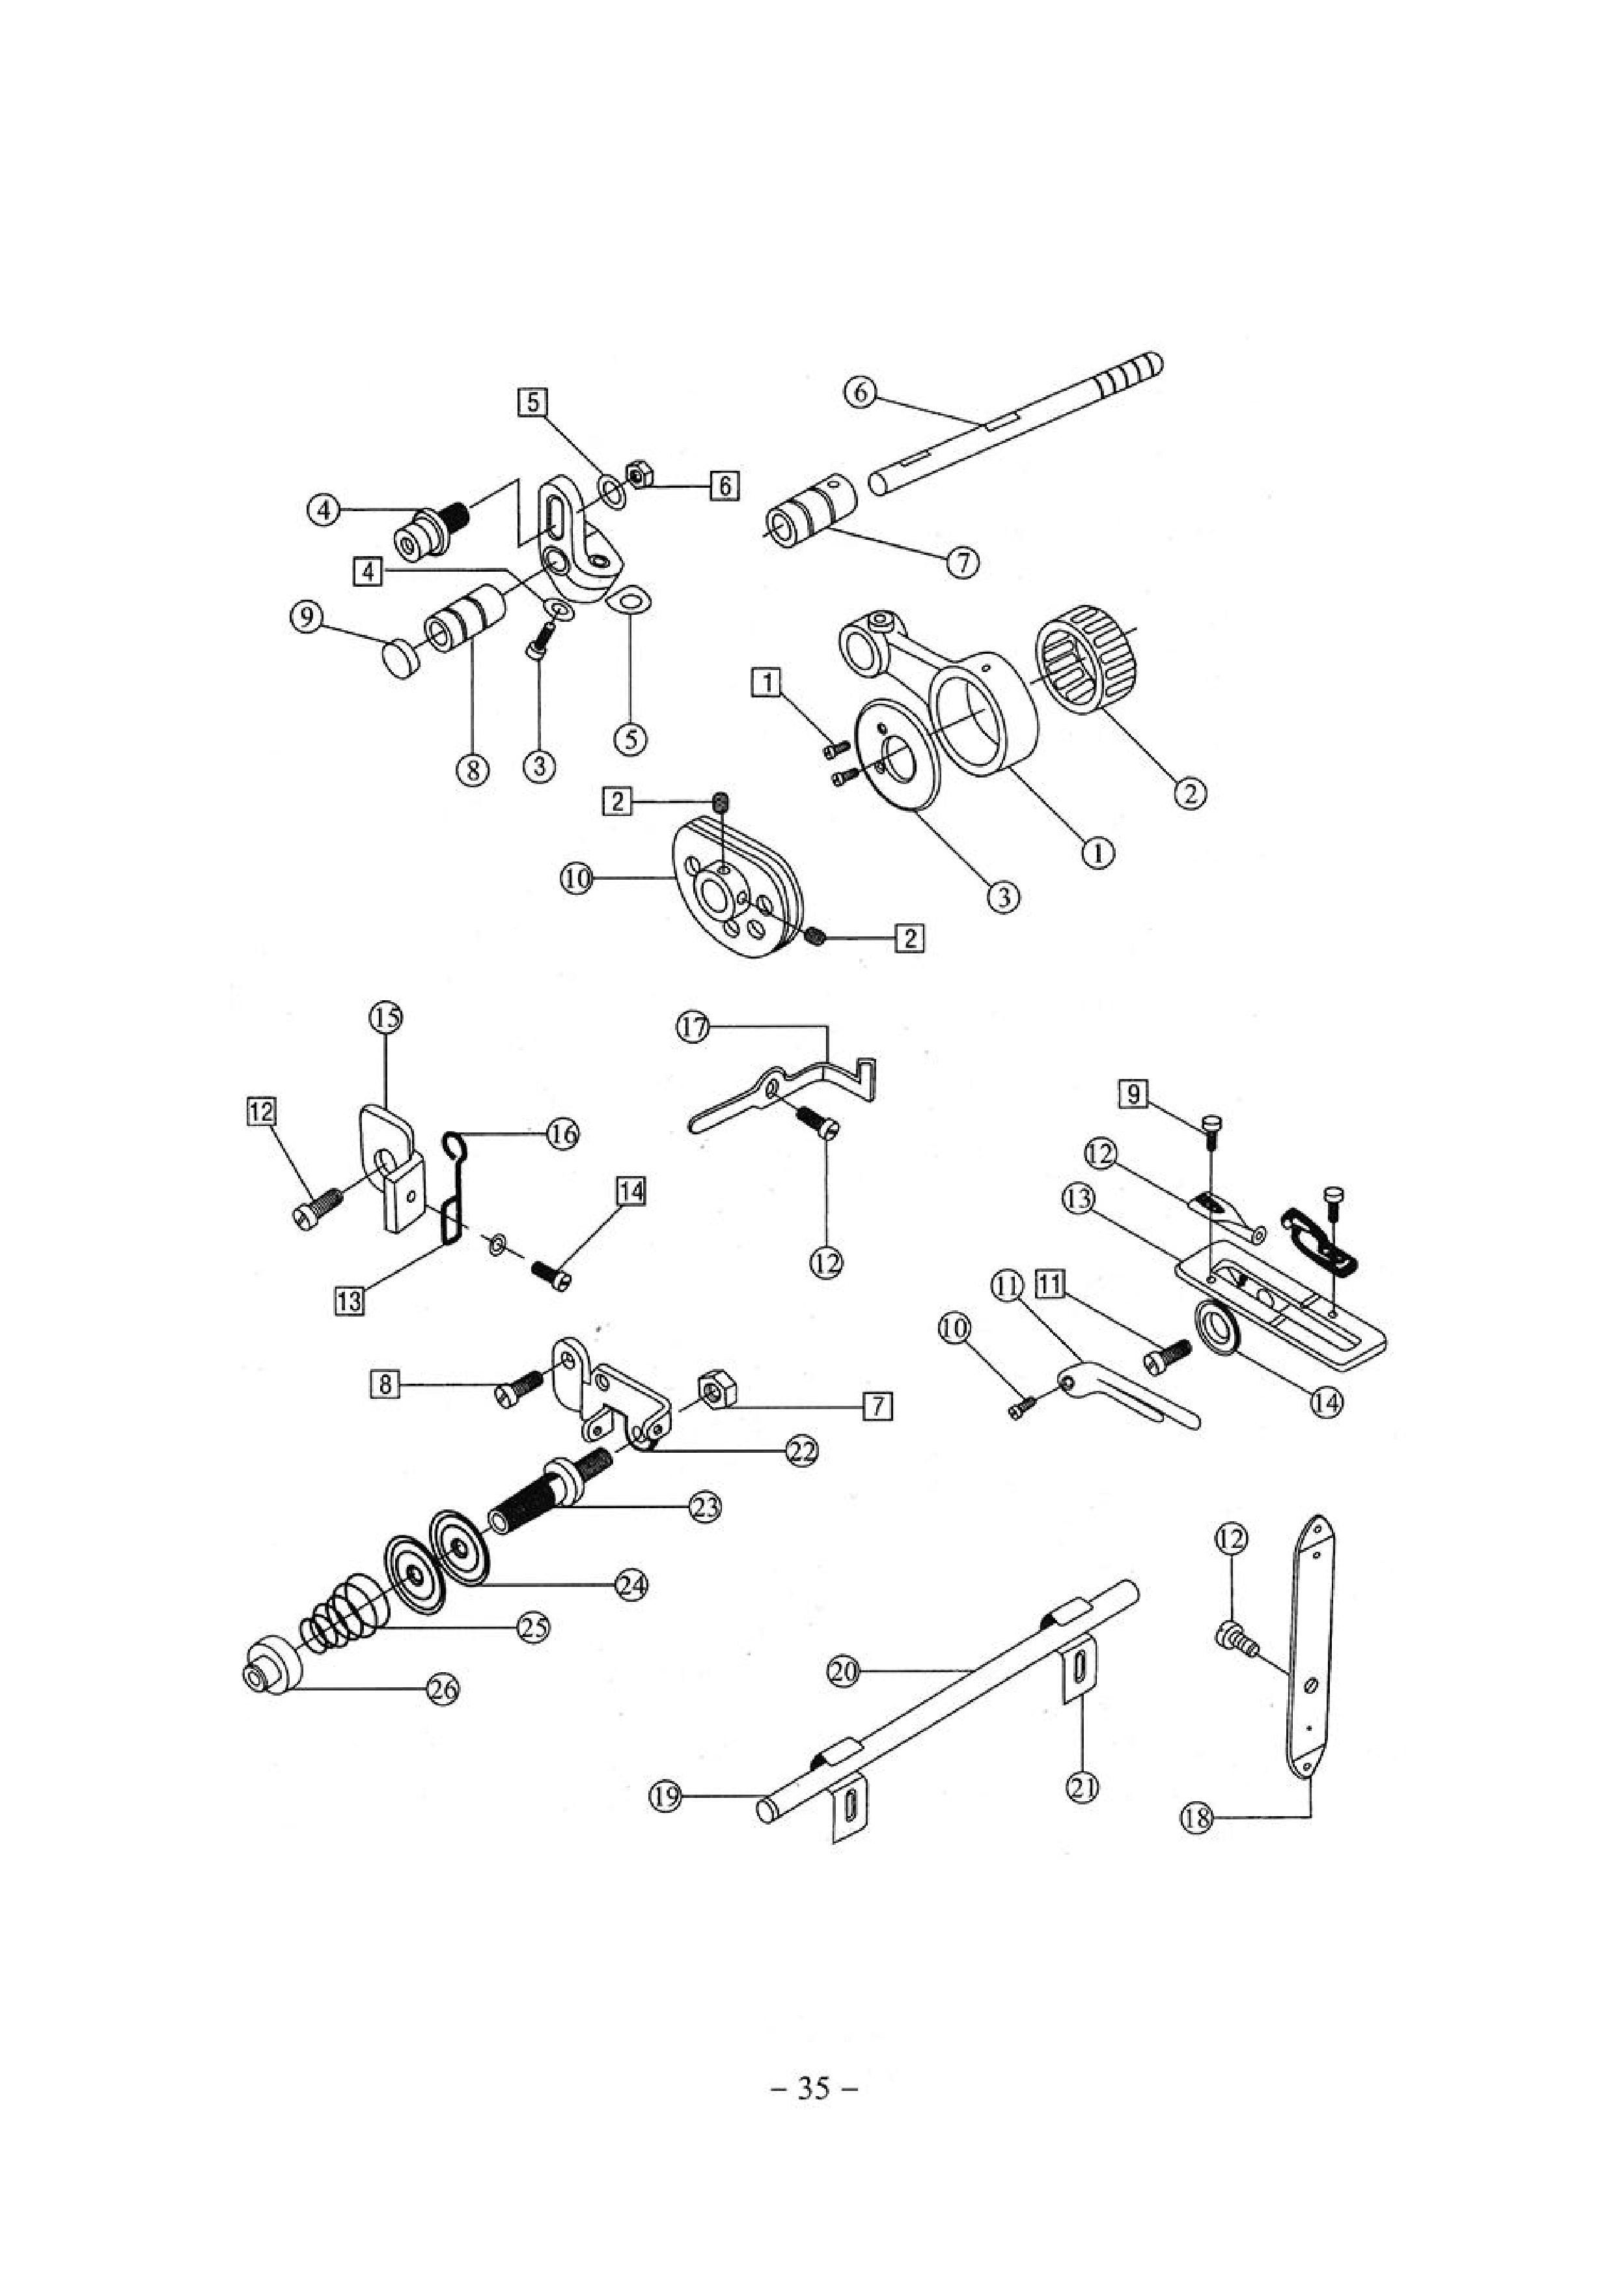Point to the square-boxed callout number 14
tap(633, 1190)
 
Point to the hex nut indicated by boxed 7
tap(715, 1386)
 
